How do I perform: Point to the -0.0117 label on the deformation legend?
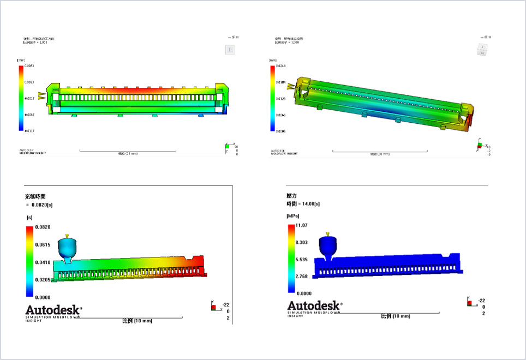point(29,130)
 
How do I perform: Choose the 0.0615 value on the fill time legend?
point(43,244)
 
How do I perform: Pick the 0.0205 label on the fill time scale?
point(43,279)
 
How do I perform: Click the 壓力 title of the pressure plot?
point(291,195)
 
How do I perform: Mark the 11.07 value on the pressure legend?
point(302,225)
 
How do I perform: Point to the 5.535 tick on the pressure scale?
point(302,260)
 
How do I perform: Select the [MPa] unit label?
point(294,215)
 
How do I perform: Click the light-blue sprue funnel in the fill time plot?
point(67,248)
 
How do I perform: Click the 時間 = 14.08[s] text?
point(303,203)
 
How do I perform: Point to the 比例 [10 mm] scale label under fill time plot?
point(137,321)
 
